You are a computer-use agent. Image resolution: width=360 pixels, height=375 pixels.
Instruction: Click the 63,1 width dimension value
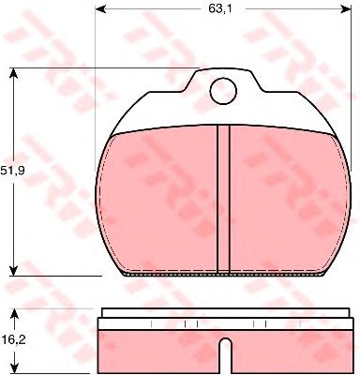coord(220,9)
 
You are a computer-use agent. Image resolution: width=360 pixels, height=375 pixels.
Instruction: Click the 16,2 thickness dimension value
coord(14,340)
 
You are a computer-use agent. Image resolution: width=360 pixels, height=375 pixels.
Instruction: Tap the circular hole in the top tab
coord(223,91)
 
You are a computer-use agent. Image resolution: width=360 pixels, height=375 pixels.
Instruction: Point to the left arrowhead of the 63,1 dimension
coord(99,9)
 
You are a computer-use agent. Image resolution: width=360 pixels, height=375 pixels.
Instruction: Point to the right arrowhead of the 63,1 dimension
coord(347,9)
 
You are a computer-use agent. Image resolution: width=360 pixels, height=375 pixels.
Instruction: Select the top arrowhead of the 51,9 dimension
coord(13,72)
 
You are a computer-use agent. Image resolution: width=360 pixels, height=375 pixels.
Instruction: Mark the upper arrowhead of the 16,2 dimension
coord(14,314)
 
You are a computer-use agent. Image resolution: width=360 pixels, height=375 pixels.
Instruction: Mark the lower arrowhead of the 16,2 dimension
coord(14,368)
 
